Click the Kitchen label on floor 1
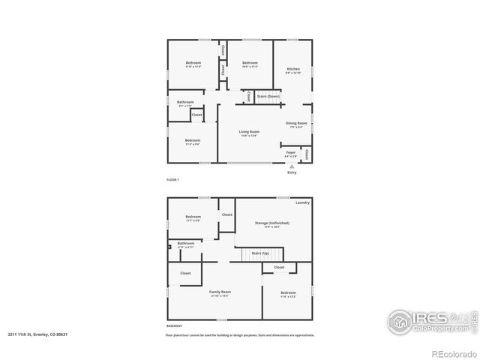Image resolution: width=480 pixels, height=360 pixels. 293,69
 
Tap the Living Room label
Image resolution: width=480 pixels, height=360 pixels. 249,132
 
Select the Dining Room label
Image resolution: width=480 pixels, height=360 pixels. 296,123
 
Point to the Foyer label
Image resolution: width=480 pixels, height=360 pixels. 291,152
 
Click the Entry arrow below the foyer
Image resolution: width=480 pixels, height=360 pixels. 292,166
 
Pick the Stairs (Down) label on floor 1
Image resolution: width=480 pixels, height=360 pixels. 268,96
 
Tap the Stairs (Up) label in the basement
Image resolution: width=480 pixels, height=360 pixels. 260,253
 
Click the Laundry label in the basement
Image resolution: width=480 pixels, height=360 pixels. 302,202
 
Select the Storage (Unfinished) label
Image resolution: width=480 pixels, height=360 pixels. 271,223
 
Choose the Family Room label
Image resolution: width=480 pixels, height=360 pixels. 220,292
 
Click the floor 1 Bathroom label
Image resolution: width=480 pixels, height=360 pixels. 185,102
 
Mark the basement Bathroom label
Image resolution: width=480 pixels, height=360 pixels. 185,243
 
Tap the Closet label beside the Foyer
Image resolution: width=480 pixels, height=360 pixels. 307,153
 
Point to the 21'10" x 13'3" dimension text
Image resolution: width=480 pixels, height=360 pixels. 220,296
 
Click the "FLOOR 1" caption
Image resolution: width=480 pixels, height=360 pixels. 173,181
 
